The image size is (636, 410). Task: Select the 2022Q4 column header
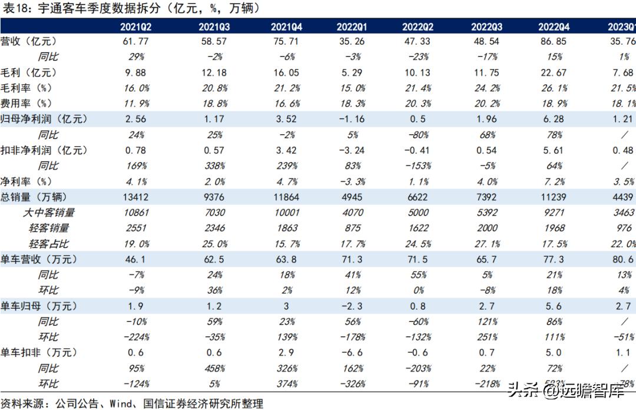point(554,27)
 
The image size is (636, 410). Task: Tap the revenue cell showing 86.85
point(554,42)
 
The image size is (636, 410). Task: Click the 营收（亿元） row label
point(29,42)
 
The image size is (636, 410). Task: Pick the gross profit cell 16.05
point(287,72)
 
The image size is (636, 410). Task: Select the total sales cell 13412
point(137,197)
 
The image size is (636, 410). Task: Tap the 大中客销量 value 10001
point(287,213)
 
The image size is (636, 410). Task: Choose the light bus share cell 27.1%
point(486,243)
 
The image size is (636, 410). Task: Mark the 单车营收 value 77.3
point(554,259)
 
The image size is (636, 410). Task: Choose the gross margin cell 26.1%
point(554,88)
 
